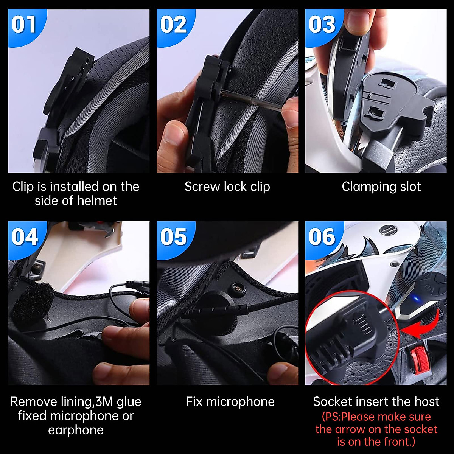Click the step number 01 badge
pyautogui.click(x=24, y=25)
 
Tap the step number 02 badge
pyautogui.click(x=173, y=25)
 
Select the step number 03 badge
pyautogui.click(x=322, y=25)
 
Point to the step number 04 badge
pyautogui.click(x=25, y=237)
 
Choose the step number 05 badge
pyautogui.click(x=173, y=237)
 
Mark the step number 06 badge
pyautogui.click(x=322, y=237)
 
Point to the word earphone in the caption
pyautogui.click(x=76, y=430)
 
